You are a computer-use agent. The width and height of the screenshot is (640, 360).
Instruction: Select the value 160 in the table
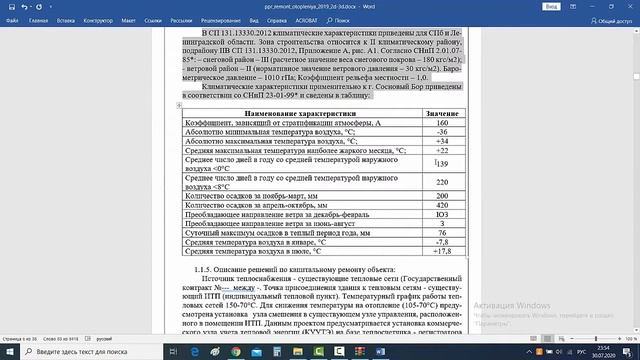(x=441, y=123)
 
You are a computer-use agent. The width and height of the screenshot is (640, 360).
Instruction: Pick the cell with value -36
(x=441, y=132)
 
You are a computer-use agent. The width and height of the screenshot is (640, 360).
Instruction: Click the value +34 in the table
(x=441, y=141)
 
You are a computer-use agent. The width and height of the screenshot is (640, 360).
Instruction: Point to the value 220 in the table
(x=441, y=182)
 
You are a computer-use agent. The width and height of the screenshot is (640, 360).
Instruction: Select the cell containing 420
(x=441, y=205)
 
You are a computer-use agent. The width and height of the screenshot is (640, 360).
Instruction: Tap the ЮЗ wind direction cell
(x=441, y=214)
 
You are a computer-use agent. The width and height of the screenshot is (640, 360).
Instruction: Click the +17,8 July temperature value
(x=441, y=251)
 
